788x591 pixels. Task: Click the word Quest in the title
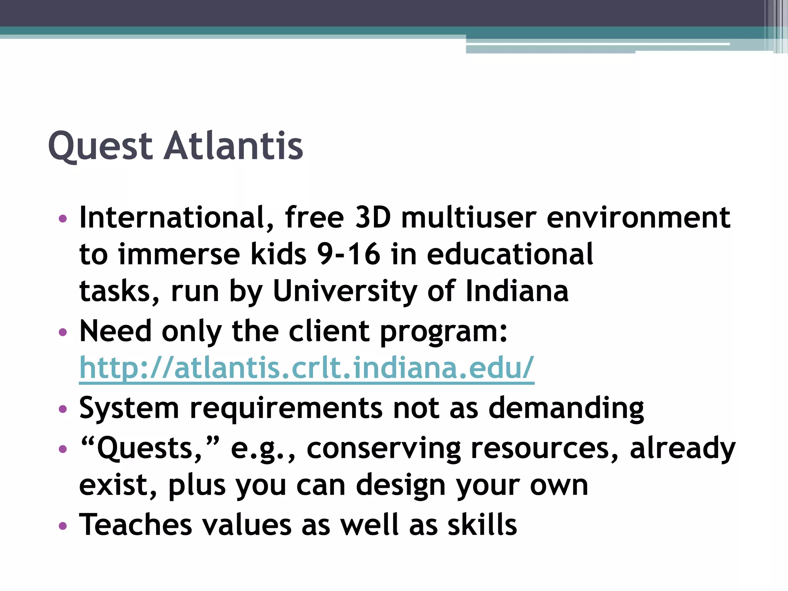tap(100, 146)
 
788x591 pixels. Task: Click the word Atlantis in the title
tap(234, 146)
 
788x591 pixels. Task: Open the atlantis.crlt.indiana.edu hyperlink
tap(306, 368)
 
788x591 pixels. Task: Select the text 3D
tap(372, 218)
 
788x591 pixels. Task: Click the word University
tap(345, 291)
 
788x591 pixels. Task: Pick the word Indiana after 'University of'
tap(517, 291)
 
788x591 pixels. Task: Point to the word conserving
tap(384, 449)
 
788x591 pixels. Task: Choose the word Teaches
tap(135, 525)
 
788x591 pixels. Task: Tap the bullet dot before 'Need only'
tap(63, 332)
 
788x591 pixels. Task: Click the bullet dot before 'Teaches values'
tap(63, 526)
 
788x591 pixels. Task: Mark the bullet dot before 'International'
tap(63, 219)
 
